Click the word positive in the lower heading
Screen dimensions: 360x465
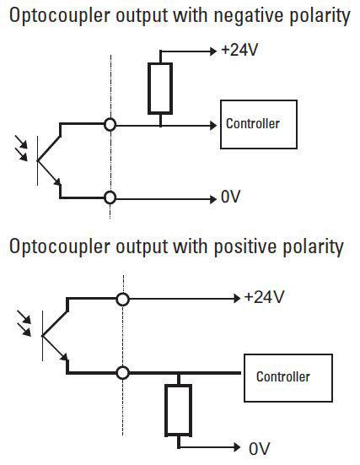[247, 246]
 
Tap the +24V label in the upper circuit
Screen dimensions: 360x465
[239, 50]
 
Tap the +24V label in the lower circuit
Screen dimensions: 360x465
[264, 297]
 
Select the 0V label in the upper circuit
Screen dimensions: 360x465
[230, 197]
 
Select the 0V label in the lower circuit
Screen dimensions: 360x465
[260, 449]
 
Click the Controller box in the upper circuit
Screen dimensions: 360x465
[259, 124]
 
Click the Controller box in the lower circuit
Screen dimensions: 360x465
[288, 378]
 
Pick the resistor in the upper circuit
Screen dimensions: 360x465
[160, 88]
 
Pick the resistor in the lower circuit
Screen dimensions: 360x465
[178, 410]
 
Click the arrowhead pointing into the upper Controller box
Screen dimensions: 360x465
[213, 126]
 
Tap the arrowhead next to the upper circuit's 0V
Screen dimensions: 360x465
[213, 199]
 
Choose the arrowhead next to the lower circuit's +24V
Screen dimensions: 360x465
[237, 299]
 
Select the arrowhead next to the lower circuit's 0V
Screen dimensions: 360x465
[237, 447]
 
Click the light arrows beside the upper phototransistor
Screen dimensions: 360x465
[21, 148]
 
